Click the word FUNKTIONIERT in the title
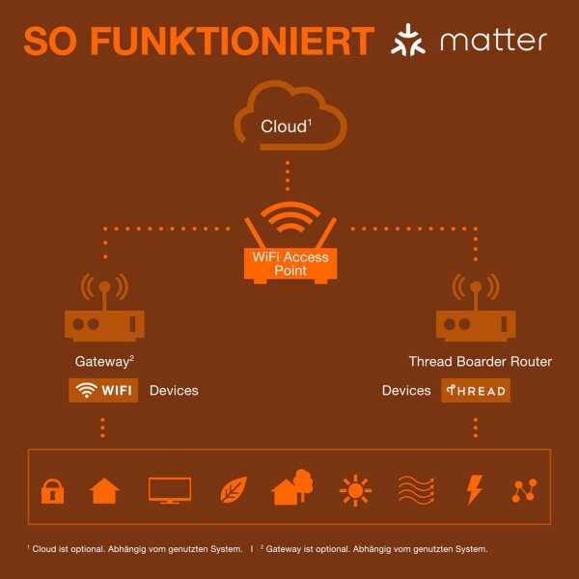tap(233, 41)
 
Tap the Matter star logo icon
tap(408, 40)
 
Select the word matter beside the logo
tap(494, 40)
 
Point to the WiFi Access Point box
tap(290, 264)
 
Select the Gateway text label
tap(104, 361)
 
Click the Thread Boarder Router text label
tap(481, 361)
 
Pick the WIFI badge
tap(103, 390)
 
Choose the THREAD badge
tap(476, 390)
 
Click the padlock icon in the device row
tap(52, 491)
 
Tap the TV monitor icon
tap(170, 490)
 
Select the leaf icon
tap(234, 489)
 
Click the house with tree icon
tap(292, 487)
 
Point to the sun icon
tap(355, 490)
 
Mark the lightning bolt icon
tap(475, 489)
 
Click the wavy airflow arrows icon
tap(416, 490)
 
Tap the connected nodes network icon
tap(524, 490)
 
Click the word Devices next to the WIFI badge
tap(174, 391)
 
